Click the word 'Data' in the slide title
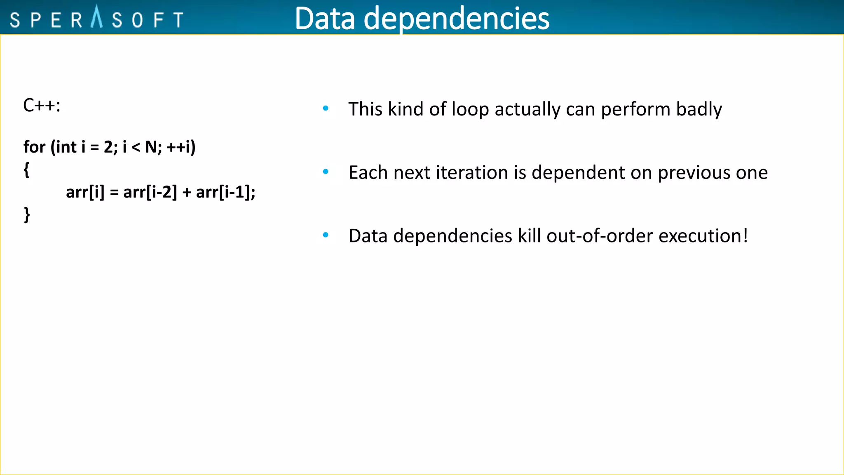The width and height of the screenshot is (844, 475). (x=325, y=19)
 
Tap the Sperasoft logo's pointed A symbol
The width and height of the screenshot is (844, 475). (x=96, y=17)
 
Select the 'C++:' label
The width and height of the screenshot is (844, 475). (x=42, y=106)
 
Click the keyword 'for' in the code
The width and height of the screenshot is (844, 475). (x=34, y=147)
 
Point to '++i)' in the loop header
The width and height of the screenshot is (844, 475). (x=181, y=147)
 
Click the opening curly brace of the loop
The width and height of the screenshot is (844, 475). (x=27, y=169)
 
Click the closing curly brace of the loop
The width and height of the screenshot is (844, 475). (x=27, y=215)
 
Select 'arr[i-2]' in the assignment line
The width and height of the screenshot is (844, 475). (x=150, y=192)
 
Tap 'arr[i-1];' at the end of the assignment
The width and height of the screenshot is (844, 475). (x=225, y=192)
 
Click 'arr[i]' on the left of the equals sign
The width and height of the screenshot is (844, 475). (x=85, y=192)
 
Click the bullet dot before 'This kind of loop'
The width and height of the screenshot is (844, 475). (x=326, y=108)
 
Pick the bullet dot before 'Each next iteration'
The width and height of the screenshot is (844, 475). (x=326, y=172)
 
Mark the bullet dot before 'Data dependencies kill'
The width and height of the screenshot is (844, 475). (x=326, y=235)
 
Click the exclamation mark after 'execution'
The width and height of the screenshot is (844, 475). (x=745, y=236)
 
